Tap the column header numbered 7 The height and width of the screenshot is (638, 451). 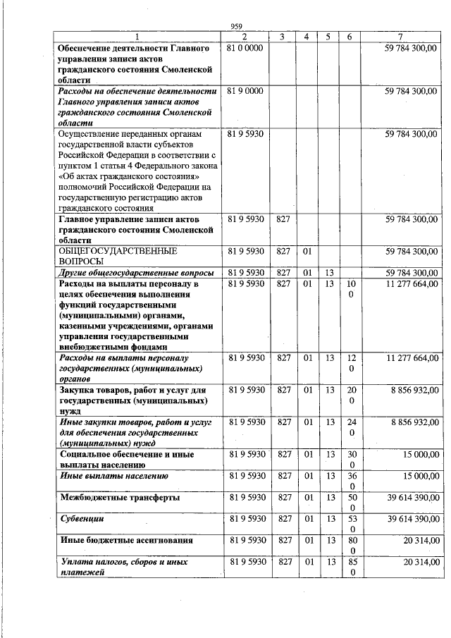pos(400,37)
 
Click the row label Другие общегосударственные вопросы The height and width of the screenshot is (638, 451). pos(136,272)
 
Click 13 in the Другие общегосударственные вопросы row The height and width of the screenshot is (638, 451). pos(329,272)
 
